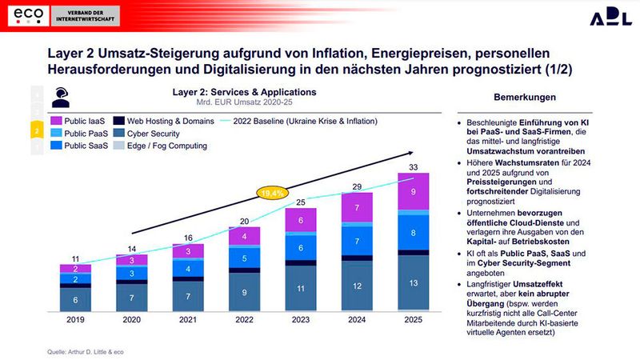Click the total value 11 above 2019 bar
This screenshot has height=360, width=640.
pos(75,258)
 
